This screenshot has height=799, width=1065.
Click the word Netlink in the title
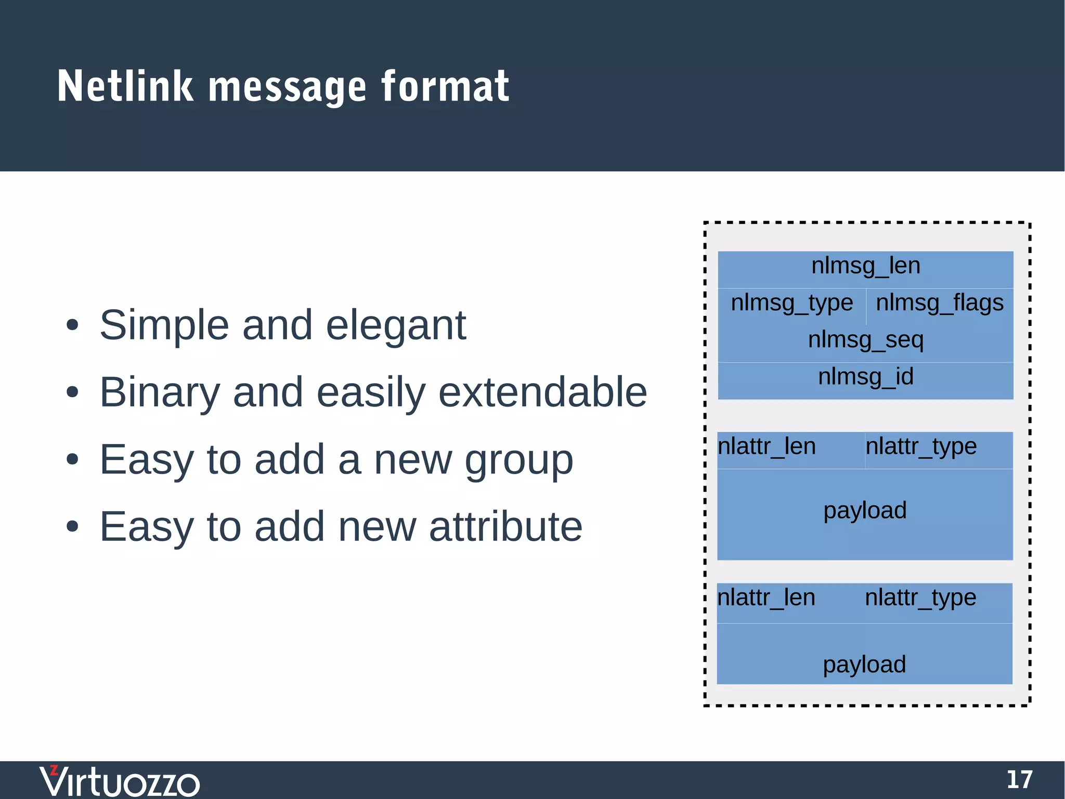click(x=125, y=86)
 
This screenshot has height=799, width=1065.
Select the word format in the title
click(x=445, y=86)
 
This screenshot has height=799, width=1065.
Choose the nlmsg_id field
click(x=865, y=377)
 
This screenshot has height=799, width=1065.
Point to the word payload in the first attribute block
click(x=865, y=511)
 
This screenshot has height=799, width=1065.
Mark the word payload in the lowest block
click(x=864, y=665)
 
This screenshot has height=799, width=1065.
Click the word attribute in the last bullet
click(x=505, y=527)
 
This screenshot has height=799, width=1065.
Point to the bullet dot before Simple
click(x=72, y=326)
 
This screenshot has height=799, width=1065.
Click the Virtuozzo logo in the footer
click(x=120, y=781)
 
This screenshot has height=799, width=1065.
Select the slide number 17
click(x=1019, y=780)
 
